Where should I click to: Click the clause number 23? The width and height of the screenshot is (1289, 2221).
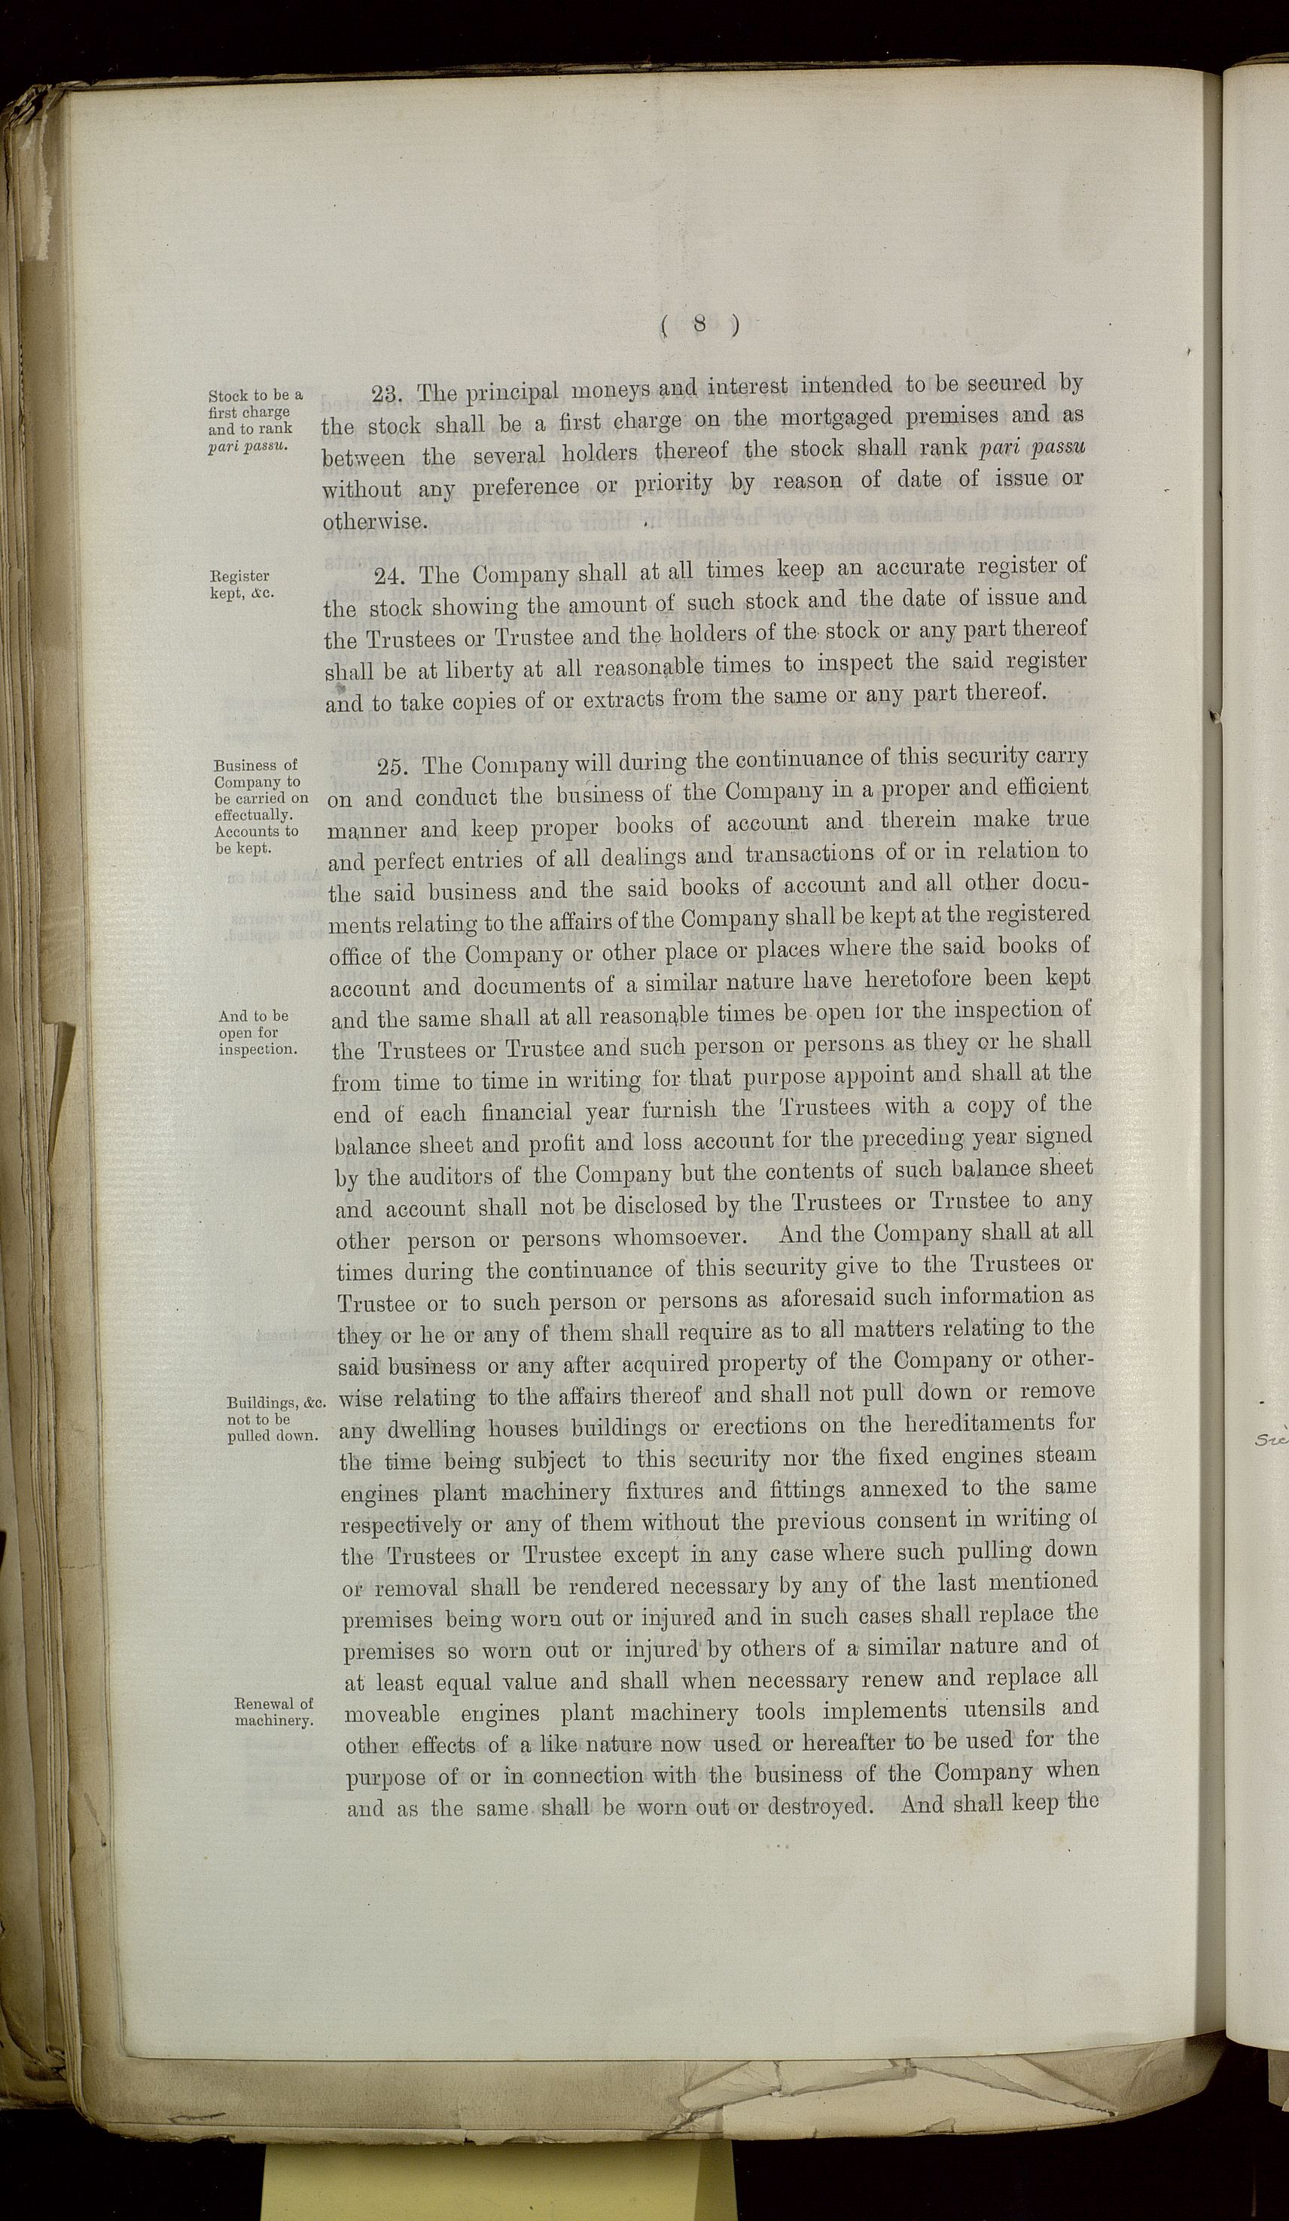pos(387,394)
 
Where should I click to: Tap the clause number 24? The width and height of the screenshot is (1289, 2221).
pos(389,578)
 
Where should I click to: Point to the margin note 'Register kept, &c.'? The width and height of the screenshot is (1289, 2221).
pos(240,585)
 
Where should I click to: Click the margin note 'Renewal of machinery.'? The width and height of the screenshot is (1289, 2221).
pos(274,1712)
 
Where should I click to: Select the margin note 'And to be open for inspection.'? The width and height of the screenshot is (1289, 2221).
pos(257,1033)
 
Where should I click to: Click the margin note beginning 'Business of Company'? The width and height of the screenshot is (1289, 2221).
pos(259,806)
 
